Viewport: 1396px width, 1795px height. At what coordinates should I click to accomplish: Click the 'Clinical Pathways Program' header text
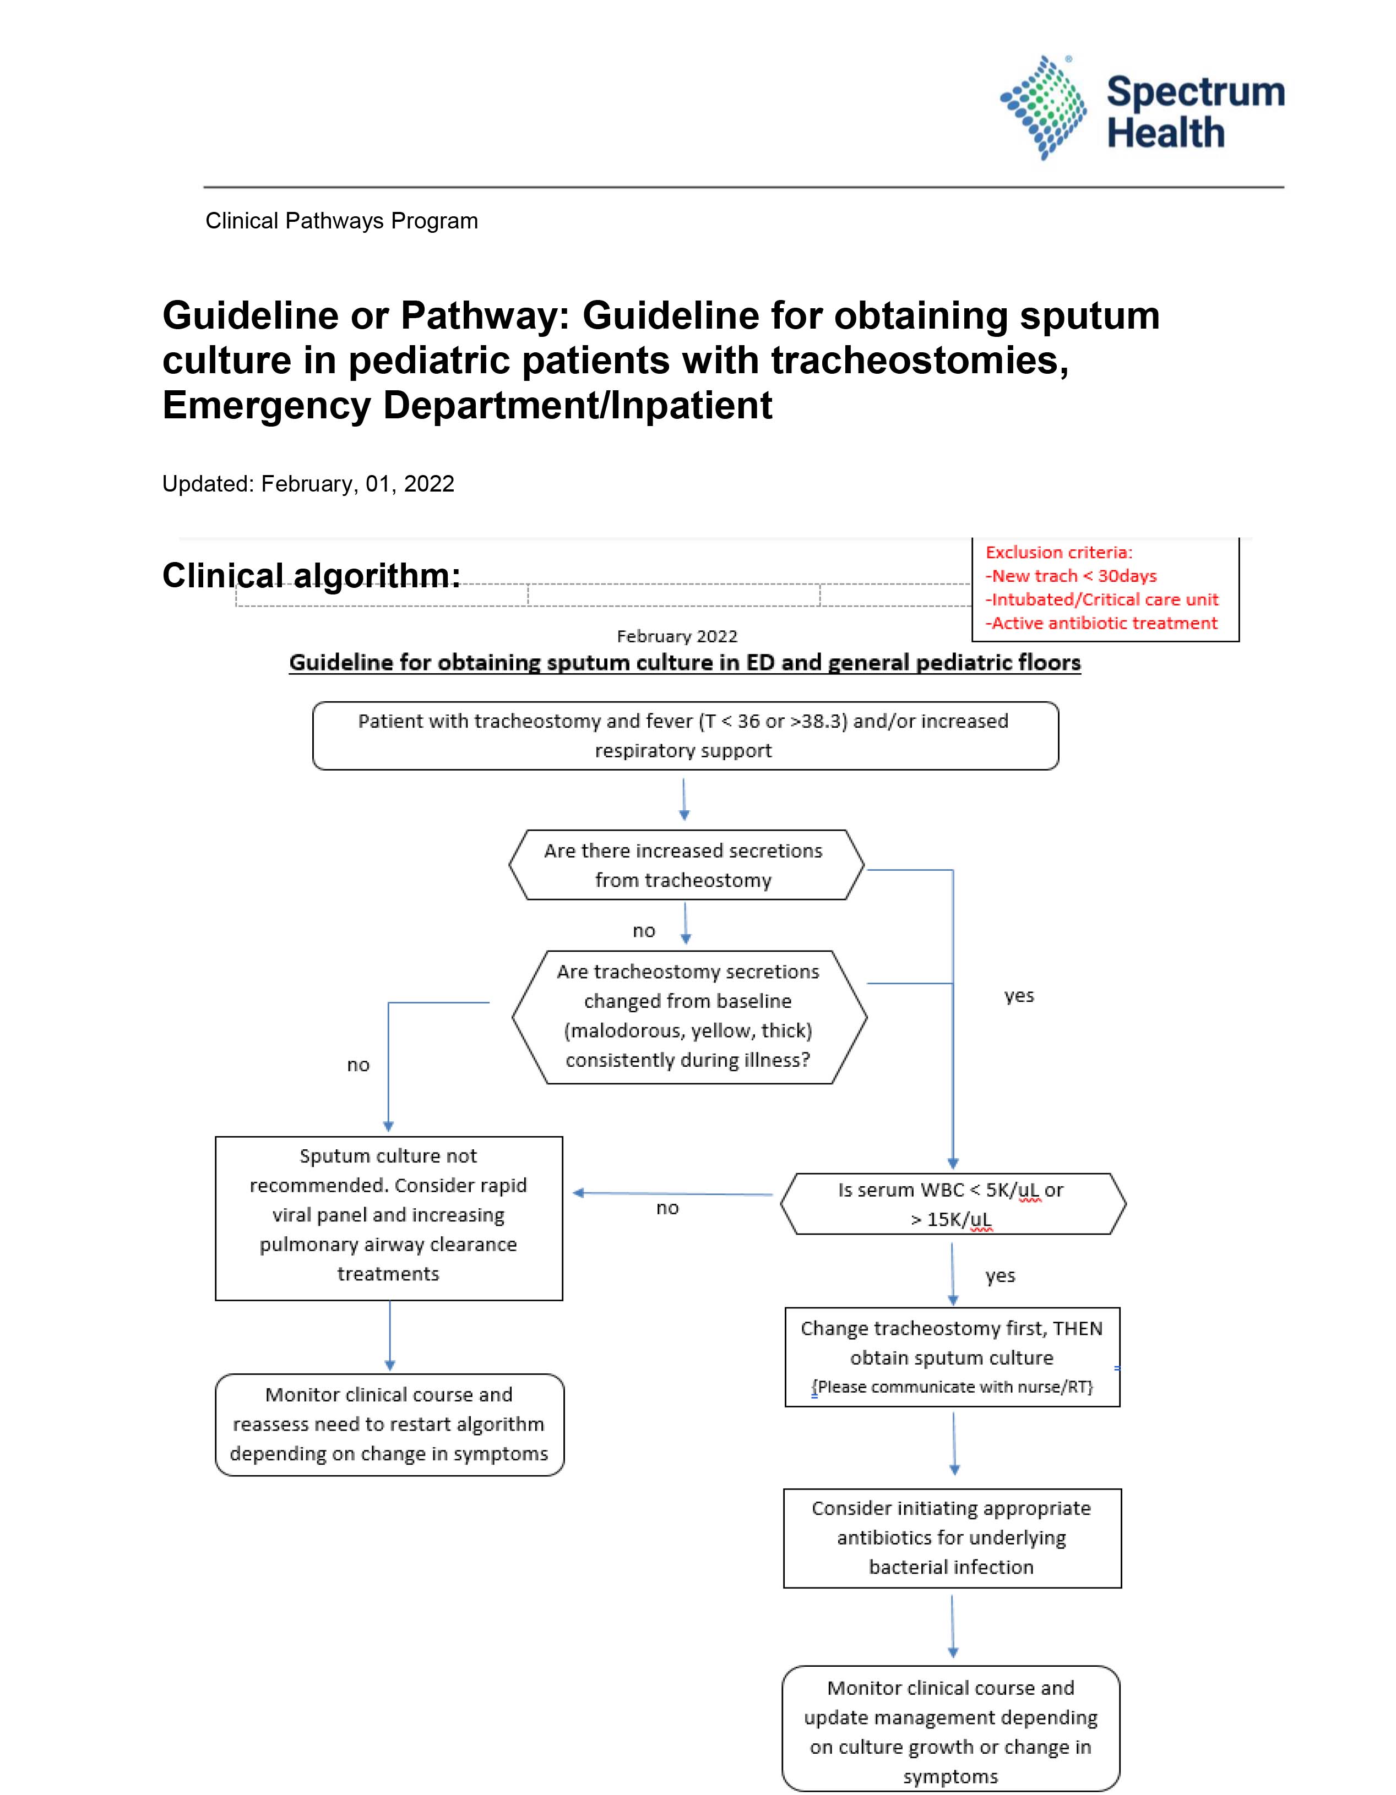click(x=341, y=221)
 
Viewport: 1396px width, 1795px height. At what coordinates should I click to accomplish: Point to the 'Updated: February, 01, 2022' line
click(x=308, y=483)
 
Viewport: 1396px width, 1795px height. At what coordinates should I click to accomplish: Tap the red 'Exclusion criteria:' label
click(x=1059, y=552)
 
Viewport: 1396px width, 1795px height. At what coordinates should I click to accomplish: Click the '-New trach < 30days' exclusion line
click(x=1071, y=576)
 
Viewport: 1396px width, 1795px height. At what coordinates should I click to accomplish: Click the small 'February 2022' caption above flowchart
click(x=677, y=636)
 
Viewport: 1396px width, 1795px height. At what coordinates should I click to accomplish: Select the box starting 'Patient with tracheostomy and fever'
click(x=686, y=735)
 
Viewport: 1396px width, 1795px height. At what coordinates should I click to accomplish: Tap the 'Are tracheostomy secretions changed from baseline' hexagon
click(x=689, y=1017)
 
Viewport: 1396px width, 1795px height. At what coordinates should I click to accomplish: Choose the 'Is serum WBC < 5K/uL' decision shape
click(x=953, y=1204)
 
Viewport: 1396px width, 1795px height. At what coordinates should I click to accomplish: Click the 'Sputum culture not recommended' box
click(x=389, y=1218)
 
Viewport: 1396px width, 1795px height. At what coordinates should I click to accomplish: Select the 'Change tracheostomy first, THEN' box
click(x=952, y=1357)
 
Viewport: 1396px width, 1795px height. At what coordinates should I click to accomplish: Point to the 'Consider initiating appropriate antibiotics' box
click(x=952, y=1538)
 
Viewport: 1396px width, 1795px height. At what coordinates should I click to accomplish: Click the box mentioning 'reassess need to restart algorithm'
click(x=390, y=1425)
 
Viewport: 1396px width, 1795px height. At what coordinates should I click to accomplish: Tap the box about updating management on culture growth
click(x=951, y=1729)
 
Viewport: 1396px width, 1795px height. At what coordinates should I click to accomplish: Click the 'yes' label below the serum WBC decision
click(x=1000, y=1275)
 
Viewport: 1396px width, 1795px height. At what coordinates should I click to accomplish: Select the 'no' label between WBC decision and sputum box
click(x=667, y=1207)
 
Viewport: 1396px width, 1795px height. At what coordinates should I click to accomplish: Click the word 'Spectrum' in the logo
click(x=1196, y=94)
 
